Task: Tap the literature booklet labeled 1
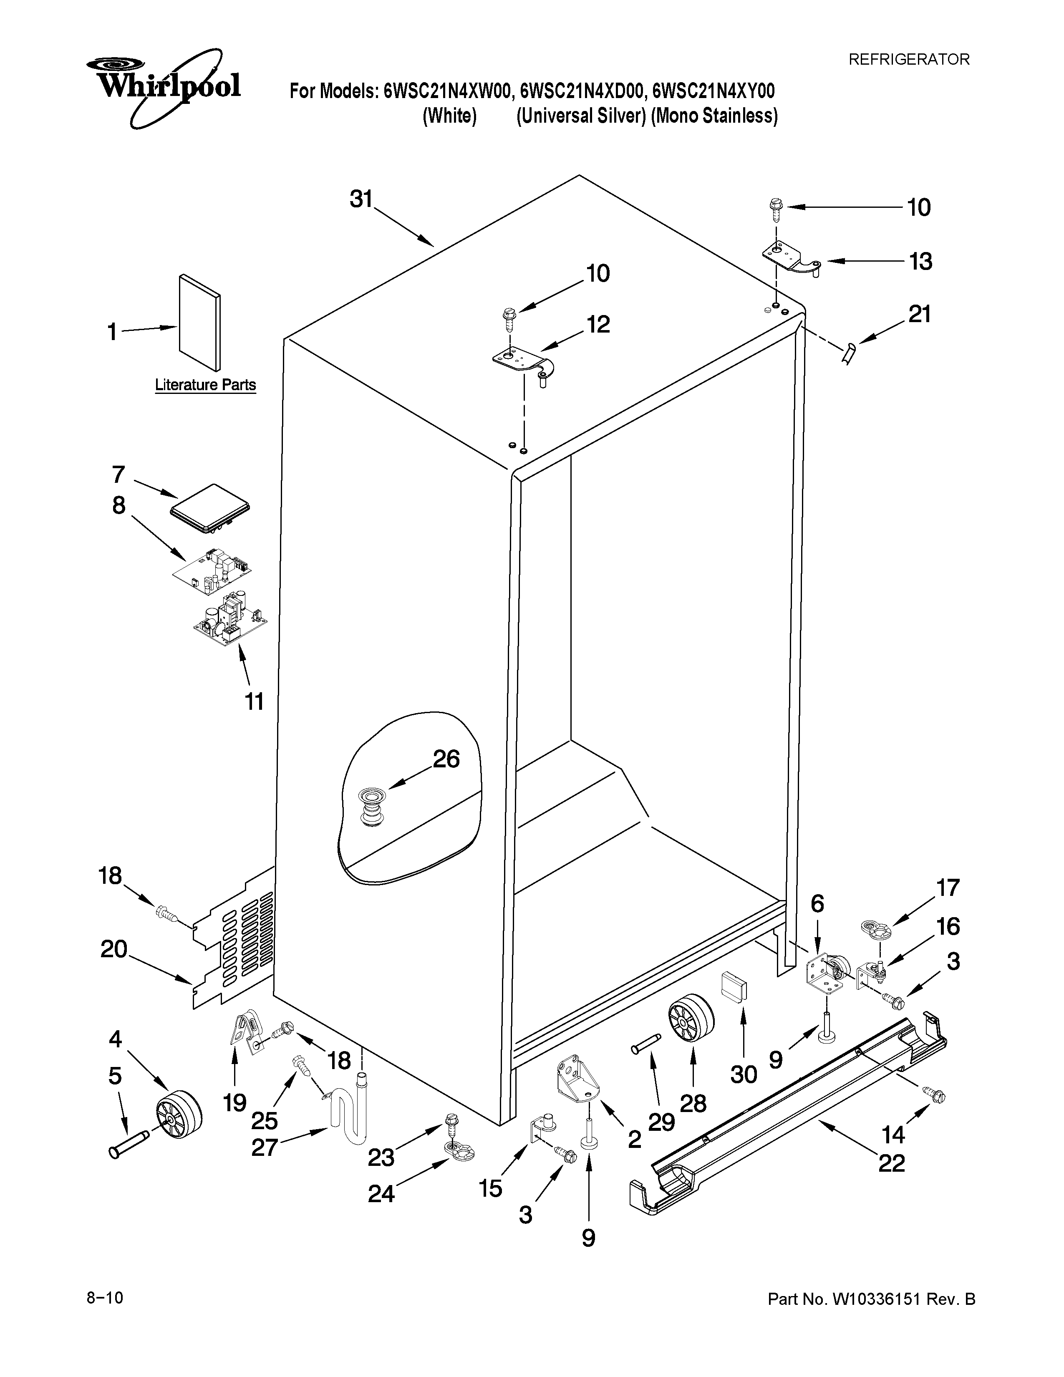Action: pos(200,322)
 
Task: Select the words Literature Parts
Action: pos(205,385)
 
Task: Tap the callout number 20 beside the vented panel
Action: pos(114,948)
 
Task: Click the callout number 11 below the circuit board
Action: pos(254,701)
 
